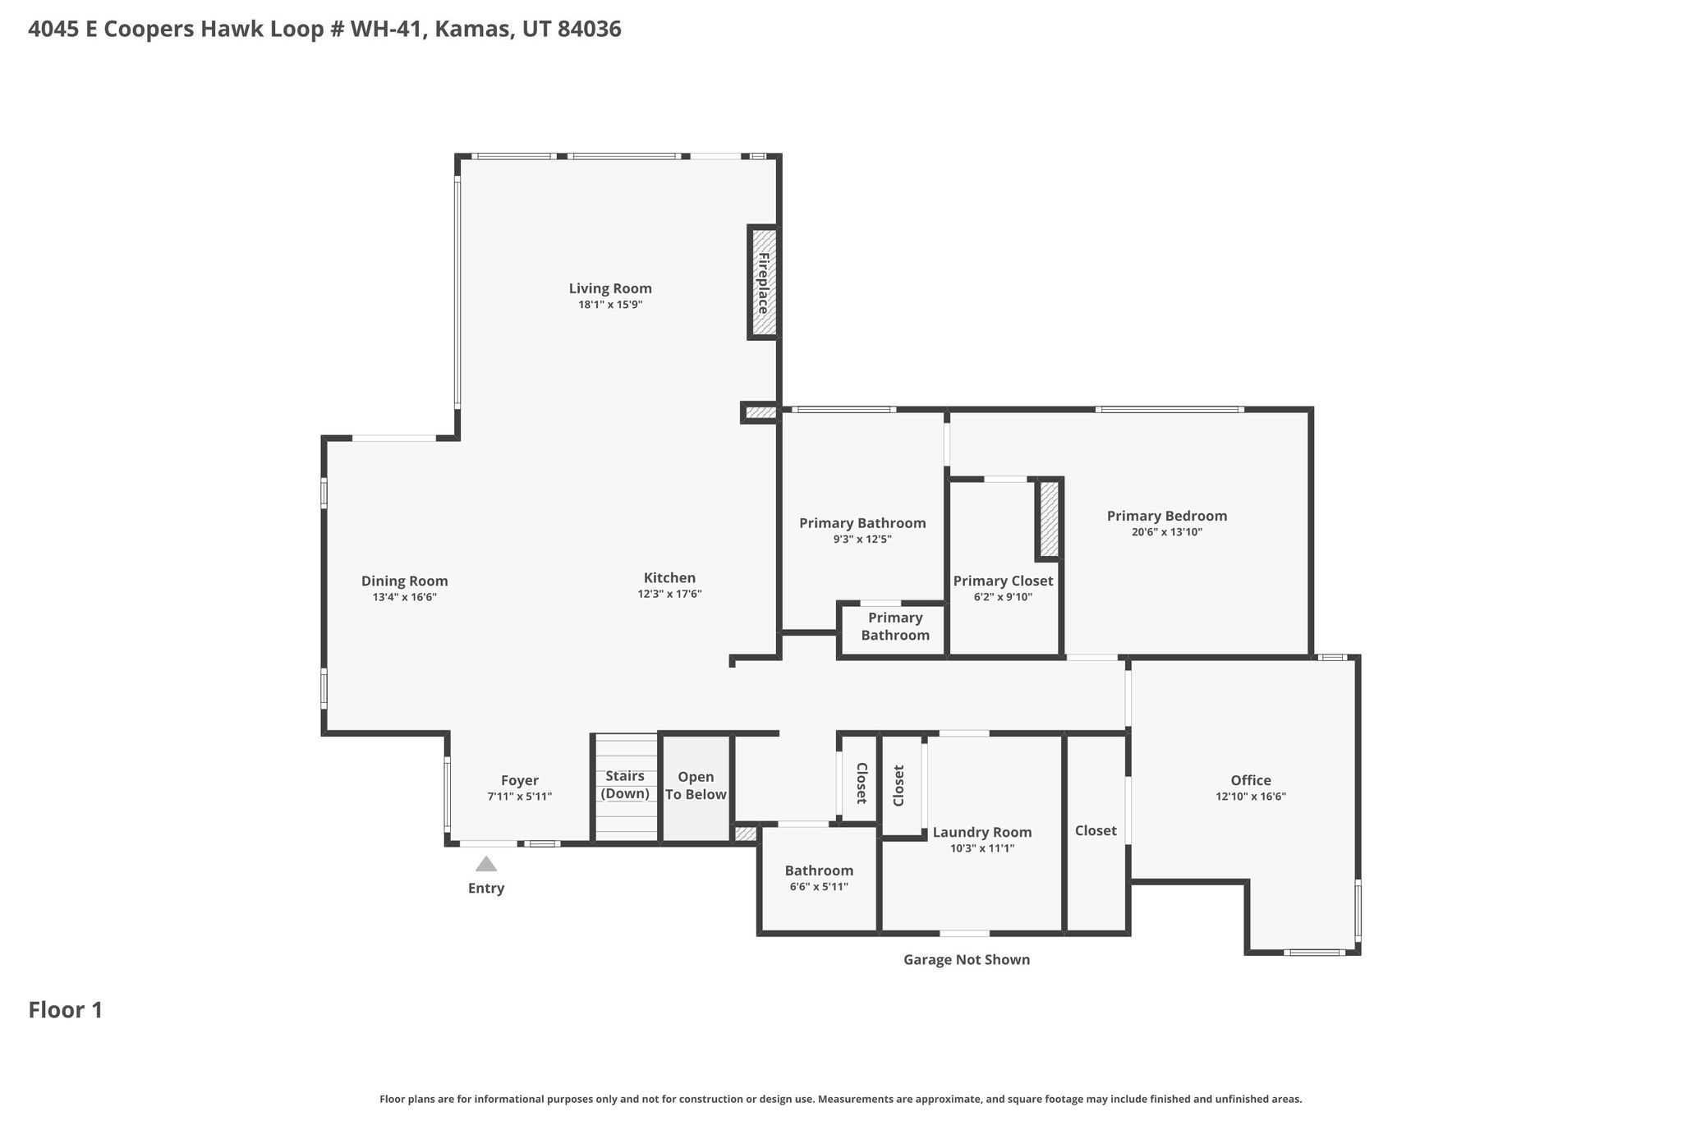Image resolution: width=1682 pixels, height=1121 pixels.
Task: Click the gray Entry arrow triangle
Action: pos(486,864)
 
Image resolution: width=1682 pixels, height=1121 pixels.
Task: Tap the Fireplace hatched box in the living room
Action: pos(763,282)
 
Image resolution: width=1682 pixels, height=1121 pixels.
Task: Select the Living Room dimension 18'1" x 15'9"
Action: pos(610,305)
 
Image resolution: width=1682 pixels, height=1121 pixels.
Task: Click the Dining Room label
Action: pos(405,581)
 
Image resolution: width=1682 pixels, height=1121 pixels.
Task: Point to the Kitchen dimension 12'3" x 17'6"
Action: pos(670,594)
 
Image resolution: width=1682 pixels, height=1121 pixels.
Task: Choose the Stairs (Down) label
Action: pos(625,785)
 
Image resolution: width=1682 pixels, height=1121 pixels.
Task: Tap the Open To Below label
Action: pos(696,786)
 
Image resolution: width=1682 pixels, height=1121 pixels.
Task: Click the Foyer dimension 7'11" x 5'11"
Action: pos(519,797)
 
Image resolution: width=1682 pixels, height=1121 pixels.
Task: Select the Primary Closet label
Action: pos(1003,581)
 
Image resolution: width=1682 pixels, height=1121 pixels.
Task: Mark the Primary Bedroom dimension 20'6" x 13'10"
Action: pos(1167,532)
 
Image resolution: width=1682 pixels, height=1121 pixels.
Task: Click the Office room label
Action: pos(1251,780)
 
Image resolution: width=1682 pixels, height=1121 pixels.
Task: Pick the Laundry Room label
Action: pos(982,833)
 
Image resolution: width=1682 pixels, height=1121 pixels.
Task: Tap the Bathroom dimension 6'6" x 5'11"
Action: pos(819,887)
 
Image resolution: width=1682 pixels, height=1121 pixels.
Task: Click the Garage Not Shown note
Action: pos(967,959)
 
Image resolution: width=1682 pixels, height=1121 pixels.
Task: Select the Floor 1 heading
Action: pos(66,1010)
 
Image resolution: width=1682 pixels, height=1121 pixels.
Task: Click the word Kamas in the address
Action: pos(466,30)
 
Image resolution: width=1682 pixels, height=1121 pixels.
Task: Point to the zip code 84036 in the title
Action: pos(589,30)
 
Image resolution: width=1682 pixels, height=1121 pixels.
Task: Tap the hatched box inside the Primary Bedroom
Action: pos(1050,519)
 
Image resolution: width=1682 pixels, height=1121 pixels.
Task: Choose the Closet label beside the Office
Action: pos(1096,831)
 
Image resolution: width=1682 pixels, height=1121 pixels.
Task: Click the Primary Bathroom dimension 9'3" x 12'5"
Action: pos(862,540)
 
